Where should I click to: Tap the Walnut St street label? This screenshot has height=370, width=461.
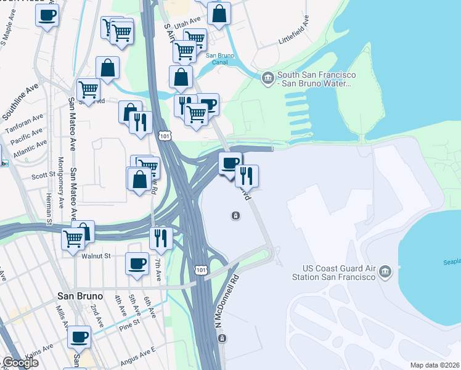(94, 255)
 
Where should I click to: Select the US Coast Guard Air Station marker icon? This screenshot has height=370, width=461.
(385, 271)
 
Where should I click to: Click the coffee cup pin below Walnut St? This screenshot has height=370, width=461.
(137, 263)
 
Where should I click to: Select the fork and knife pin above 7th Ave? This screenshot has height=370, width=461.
(161, 237)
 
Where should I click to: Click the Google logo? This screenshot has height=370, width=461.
(20, 363)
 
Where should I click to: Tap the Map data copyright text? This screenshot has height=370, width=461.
(435, 365)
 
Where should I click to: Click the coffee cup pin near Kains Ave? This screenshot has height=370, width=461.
(79, 337)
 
